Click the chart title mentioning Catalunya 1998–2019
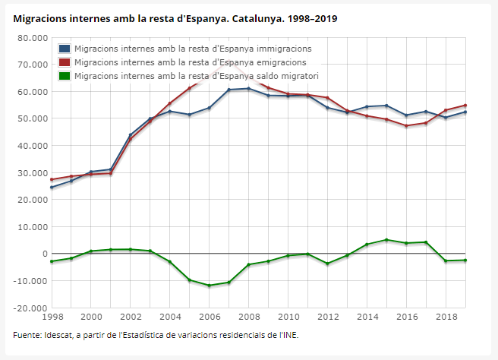(175, 17)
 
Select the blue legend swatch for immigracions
(65, 49)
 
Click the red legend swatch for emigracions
(65, 62)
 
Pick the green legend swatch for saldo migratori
(65, 76)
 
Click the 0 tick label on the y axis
(44, 254)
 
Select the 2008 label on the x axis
(248, 316)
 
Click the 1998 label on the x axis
(52, 316)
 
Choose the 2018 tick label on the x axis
(446, 316)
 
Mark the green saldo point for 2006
(210, 286)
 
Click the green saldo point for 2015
(387, 240)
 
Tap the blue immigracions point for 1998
(52, 188)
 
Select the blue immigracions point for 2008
(249, 89)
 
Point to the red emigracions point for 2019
(465, 106)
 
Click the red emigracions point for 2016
(406, 126)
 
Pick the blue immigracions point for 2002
(131, 135)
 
